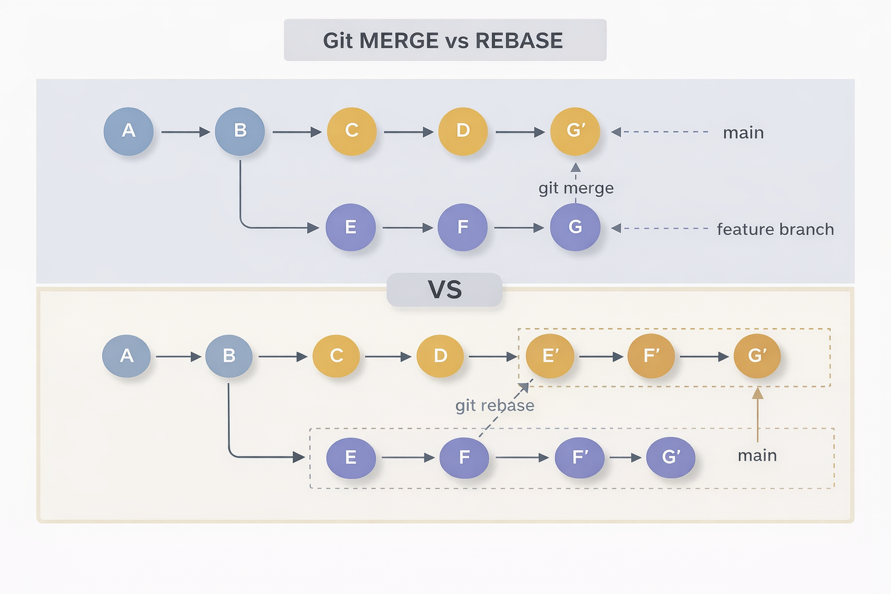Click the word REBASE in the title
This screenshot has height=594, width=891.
pos(519,41)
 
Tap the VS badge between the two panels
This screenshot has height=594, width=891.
pos(444,289)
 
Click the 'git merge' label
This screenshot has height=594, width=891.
pos(575,188)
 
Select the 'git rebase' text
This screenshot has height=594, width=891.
pos(494,405)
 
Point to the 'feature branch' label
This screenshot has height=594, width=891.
pos(775,229)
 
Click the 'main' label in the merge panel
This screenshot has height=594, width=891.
pos(743,133)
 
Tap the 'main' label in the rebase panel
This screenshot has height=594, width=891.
pos(757,455)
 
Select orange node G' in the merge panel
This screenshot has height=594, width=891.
pos(575,131)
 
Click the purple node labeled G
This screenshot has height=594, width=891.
pos(575,227)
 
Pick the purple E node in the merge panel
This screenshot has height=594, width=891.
pos(350,227)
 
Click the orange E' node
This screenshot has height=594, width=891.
pos(550,356)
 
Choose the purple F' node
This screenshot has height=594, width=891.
pos(579,457)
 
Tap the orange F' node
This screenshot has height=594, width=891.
pos(651,356)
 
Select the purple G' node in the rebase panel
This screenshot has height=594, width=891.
pos(671,457)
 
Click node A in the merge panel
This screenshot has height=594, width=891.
pos(128,131)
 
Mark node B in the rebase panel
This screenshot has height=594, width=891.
pos(229,356)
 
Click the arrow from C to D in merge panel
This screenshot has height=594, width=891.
pos(408,132)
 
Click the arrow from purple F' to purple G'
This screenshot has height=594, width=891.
pos(625,458)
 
